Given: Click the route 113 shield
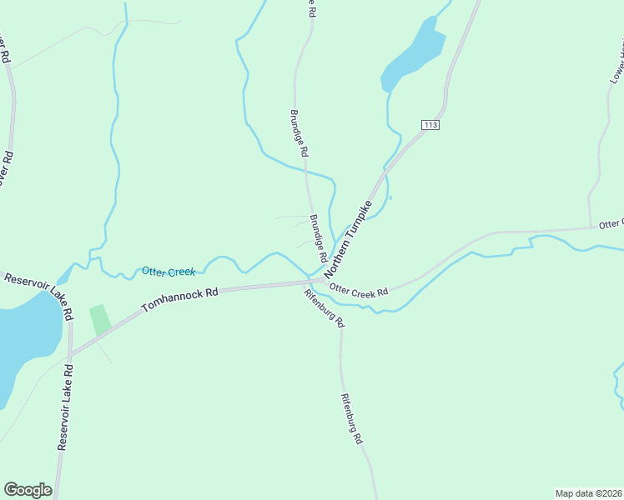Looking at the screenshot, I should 430,125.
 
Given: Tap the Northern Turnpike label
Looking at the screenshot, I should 347,240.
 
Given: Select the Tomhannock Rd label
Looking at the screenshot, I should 179,300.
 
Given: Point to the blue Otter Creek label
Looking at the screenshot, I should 169,272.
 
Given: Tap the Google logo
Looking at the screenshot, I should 28,490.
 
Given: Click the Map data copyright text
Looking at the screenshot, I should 588,493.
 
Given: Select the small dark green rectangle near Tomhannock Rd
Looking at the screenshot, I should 100,320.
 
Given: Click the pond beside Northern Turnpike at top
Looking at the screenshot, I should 414,55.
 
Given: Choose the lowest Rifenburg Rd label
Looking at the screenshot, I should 351,419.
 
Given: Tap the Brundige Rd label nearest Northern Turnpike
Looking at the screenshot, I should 318,235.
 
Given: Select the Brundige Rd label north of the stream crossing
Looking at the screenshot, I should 299,133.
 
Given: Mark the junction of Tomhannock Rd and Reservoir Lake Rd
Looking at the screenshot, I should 70,354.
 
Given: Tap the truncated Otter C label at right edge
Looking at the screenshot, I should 611,223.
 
